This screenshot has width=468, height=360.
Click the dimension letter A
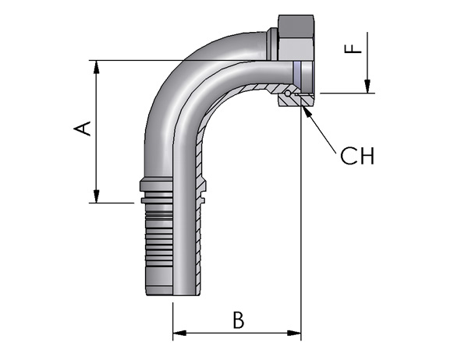tap(83, 129)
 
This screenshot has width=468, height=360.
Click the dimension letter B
tap(238, 319)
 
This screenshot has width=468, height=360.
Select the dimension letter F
tap(353, 48)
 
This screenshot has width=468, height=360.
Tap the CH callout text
tap(357, 156)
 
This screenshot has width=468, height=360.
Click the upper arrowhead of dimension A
tap(96, 67)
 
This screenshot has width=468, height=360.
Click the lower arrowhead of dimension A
tap(96, 196)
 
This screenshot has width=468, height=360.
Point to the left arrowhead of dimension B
tap(179, 333)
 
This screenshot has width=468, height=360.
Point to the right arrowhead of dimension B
tap(295, 333)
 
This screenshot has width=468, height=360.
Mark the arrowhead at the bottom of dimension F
tap(367, 86)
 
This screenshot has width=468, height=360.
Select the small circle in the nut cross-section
tap(287, 94)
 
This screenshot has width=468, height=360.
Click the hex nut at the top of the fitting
tap(296, 38)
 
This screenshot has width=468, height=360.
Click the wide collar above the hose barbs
tap(156, 185)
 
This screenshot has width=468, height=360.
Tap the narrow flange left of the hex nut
tap(272, 44)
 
